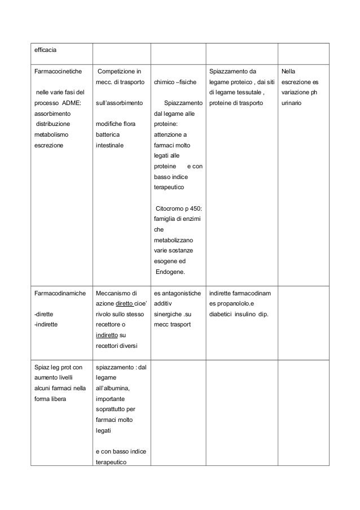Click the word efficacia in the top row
(x=46, y=50)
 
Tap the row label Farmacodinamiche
(x=60, y=293)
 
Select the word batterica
(x=109, y=135)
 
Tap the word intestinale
(x=111, y=145)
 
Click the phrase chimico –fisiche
(x=176, y=82)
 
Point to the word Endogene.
(x=173, y=273)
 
